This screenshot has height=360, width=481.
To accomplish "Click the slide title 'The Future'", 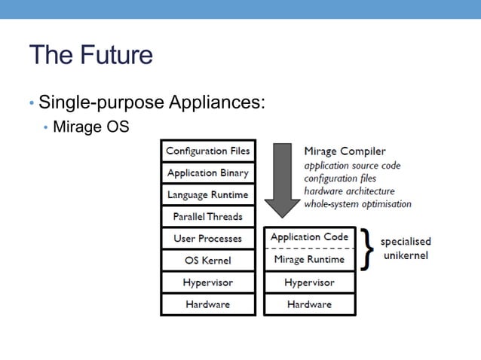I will click(x=90, y=55).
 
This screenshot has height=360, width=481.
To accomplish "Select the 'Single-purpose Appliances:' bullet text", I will click(x=151, y=102).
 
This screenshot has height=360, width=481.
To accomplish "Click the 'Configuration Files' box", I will click(x=207, y=151).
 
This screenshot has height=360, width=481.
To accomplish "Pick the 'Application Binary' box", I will click(x=207, y=172).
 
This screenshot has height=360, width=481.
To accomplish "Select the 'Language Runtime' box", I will click(x=207, y=194).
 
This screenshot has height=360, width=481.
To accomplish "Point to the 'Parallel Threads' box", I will click(x=207, y=216).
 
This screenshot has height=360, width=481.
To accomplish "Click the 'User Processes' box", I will click(x=207, y=239).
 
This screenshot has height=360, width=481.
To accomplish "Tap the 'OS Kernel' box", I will click(x=207, y=261).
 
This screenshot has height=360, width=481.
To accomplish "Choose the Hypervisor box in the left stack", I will click(x=207, y=282).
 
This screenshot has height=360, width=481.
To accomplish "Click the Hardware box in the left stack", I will click(x=207, y=304).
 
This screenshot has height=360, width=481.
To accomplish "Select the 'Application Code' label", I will click(x=309, y=236).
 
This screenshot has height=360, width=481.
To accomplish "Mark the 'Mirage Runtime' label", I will click(x=309, y=259).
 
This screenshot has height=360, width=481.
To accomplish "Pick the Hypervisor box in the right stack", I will click(x=309, y=282).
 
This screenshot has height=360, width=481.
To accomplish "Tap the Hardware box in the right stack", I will click(x=309, y=304).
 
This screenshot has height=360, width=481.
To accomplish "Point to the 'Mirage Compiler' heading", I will click(x=345, y=151).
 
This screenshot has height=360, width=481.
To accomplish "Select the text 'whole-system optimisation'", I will click(x=357, y=204).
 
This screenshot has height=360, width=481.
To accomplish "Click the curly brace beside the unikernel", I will click(x=367, y=248).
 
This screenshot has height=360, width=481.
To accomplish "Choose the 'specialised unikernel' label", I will click(x=406, y=248).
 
